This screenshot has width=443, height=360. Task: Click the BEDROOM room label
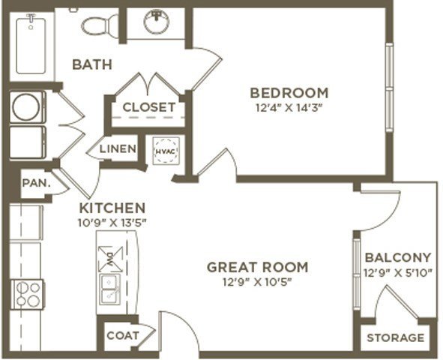pos(289,93)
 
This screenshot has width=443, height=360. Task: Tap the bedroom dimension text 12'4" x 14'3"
pos(289,108)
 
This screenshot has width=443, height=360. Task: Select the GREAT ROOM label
pos(257,267)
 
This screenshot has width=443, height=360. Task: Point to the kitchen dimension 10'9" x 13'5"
pos(112,223)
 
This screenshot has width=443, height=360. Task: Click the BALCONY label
pos(398,257)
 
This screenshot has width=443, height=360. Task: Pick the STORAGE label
pos(396,337)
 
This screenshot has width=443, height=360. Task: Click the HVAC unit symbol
pos(166,151)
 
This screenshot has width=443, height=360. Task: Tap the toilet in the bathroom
pos(100,25)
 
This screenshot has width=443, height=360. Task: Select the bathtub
pos(31,45)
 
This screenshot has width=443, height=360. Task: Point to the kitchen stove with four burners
pos(27,295)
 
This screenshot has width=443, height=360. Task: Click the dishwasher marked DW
pos(110,259)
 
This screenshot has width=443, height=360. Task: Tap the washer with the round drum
pos(28,107)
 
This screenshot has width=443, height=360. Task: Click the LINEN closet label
pos(118,148)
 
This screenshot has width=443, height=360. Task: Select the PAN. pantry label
pos(36,183)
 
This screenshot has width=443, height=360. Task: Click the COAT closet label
pos(123,335)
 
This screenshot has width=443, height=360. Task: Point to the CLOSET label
pos(149,107)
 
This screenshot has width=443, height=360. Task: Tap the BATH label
pos(92,64)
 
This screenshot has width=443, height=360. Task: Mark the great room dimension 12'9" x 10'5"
pos(257,282)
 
